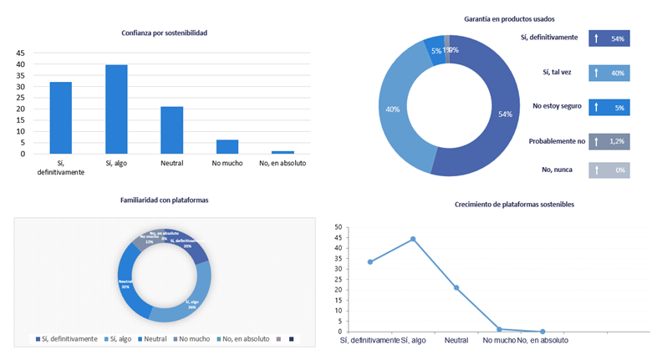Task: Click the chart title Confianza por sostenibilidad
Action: tap(164, 33)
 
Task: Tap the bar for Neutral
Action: tap(171, 129)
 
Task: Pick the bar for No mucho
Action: tap(227, 146)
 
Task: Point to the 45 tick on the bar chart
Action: tap(20, 53)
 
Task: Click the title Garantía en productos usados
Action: tap(509, 18)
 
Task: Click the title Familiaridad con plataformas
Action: tap(164, 200)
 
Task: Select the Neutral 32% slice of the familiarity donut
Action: tap(129, 283)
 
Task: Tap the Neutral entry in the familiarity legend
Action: tap(151, 338)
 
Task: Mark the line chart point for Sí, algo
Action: tap(413, 239)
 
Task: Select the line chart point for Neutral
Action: tap(456, 287)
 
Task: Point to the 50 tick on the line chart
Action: tap(338, 226)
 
